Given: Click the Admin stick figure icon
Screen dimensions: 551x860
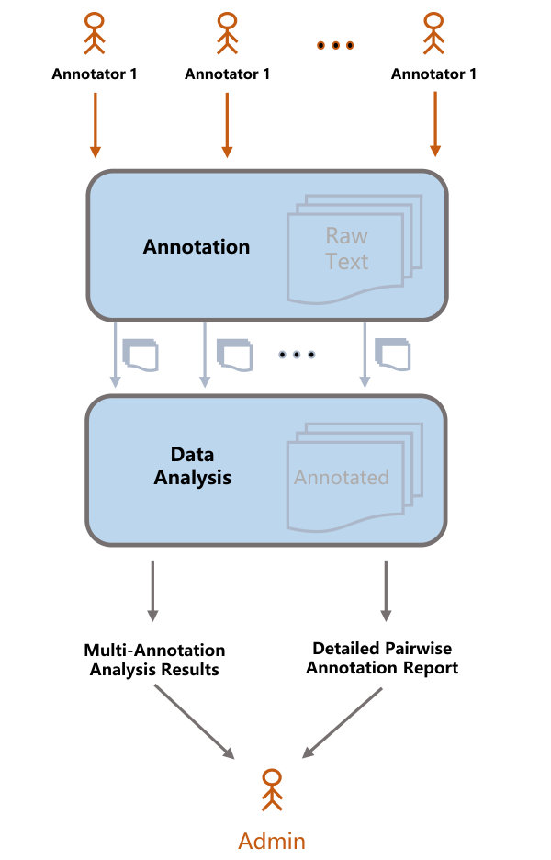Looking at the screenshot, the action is click(272, 789).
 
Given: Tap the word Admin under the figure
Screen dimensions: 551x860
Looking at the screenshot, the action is click(272, 841).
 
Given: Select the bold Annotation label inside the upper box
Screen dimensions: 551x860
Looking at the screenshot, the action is click(197, 247).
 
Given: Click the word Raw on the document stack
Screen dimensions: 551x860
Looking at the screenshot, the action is click(346, 236).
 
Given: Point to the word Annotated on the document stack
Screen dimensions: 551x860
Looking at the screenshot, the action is click(342, 477).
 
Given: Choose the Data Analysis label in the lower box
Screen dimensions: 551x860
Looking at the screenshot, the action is click(193, 466).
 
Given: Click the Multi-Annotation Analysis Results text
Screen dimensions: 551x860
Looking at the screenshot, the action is click(154, 660).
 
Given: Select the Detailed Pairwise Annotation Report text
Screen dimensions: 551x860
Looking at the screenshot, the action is click(382, 658).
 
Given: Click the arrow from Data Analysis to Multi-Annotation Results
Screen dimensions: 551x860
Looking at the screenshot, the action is click(153, 592).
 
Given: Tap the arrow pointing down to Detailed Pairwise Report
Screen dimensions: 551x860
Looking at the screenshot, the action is click(386, 592).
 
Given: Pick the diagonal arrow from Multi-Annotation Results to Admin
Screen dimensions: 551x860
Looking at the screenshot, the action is click(195, 722).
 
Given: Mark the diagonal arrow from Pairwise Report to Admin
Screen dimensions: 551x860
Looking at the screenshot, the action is click(343, 723).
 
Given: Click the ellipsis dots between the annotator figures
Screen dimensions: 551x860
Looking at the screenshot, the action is click(335, 45).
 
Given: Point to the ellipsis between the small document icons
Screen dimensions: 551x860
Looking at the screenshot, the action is click(297, 355).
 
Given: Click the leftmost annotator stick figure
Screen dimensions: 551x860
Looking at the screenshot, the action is click(95, 33).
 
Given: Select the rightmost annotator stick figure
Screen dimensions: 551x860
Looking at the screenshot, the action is click(433, 33).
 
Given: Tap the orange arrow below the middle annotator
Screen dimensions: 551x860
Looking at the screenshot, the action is click(227, 125).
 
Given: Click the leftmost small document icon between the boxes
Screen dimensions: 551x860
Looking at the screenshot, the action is click(141, 355).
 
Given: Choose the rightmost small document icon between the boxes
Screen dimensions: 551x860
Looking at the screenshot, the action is click(392, 355).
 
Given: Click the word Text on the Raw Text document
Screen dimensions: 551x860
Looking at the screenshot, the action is click(346, 262).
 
